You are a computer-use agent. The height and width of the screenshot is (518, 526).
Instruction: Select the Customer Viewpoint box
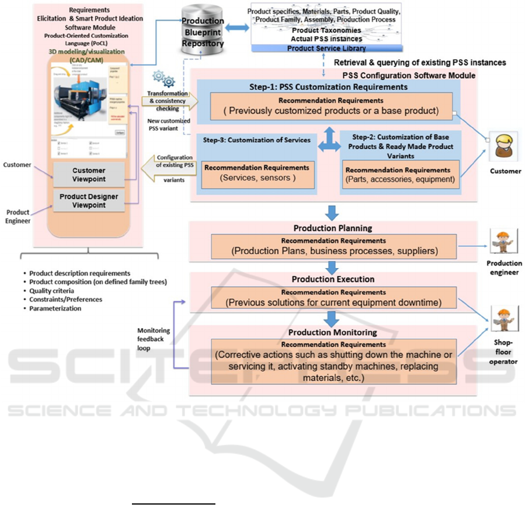coord(88,173)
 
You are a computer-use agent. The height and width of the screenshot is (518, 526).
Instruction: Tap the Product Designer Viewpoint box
coord(88,201)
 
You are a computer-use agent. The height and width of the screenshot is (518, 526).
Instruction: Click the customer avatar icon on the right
coord(504,147)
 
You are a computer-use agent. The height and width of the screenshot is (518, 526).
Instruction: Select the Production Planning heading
coord(333,228)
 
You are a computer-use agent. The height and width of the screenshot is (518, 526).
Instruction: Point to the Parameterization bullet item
coord(55,308)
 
